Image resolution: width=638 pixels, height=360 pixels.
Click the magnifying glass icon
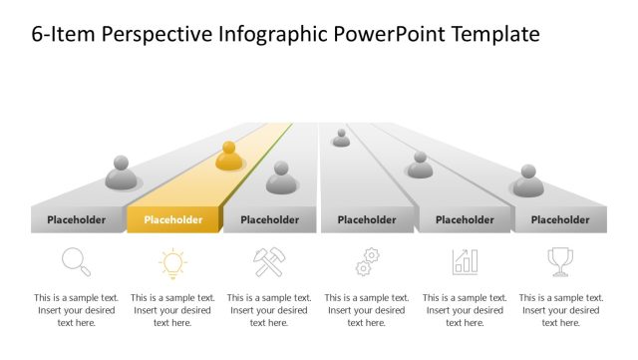pos(76,262)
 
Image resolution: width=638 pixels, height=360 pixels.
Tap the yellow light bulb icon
pos(172,262)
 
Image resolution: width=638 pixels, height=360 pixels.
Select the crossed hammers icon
pos(269,262)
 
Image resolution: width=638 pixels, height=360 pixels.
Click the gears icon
pos(367,262)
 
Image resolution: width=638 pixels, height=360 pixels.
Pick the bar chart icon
pos(465,262)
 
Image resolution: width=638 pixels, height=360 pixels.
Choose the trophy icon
pos(560,262)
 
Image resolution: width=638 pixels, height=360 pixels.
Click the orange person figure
pos(229,156)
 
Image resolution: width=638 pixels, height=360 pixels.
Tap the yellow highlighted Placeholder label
pos(172,220)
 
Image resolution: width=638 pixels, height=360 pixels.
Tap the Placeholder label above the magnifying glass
pos(77,220)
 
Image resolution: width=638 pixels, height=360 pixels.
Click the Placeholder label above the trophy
pos(560,220)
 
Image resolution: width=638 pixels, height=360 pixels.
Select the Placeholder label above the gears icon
pos(367,220)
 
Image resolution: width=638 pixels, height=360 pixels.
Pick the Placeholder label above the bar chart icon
pos(465,220)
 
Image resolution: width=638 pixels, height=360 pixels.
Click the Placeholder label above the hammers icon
pos(269,220)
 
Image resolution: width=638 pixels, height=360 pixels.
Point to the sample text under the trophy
pos(560,310)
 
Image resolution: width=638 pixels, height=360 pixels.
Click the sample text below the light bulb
pos(172,310)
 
